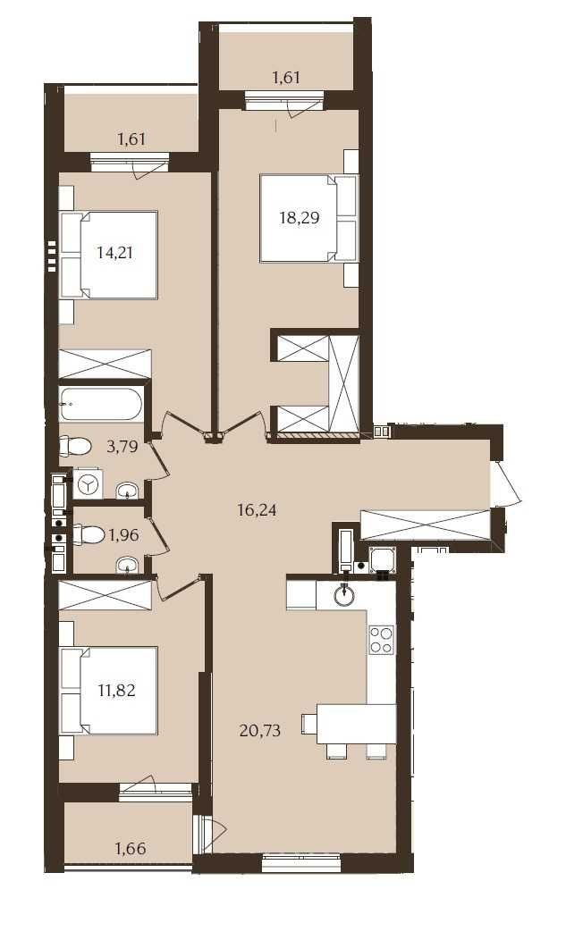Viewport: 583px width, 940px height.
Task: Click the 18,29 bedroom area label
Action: pos(299,218)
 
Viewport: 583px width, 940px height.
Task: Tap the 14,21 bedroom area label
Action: pos(114,252)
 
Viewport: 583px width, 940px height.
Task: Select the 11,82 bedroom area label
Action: pos(116,690)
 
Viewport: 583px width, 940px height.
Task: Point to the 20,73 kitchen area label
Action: pos(259,730)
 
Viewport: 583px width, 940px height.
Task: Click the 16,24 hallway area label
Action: pos(257,511)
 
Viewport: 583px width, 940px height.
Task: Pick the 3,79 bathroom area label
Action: pos(123,447)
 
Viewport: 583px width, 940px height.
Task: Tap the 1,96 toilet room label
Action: pos(123,534)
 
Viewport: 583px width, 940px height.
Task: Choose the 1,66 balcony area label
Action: pos(131,848)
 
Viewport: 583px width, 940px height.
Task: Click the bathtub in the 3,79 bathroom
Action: pos(101,404)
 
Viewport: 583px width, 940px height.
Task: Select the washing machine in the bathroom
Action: pos(89,483)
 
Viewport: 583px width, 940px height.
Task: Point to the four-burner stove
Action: pos(382,639)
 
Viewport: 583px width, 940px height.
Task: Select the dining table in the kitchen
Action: pos(356,724)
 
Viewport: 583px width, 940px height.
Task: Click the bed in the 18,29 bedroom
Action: pos(308,218)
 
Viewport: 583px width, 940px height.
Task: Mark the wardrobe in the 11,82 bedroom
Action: pos(105,595)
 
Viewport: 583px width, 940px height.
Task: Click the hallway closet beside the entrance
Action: pos(426,525)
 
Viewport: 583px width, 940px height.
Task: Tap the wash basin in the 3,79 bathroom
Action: pos(127,491)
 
